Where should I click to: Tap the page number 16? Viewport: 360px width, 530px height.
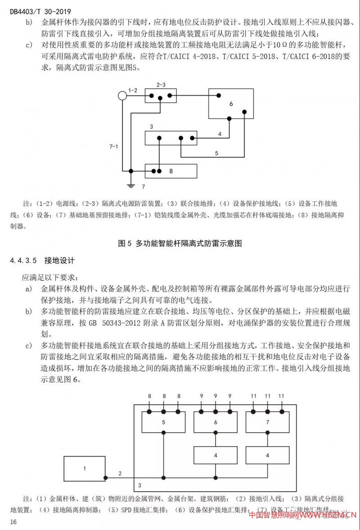(13, 521)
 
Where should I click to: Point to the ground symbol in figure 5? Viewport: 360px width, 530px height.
(130, 185)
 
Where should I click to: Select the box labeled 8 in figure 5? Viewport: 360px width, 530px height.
(171, 171)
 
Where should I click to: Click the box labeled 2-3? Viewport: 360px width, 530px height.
(161, 95)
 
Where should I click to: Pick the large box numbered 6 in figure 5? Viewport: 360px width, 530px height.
(231, 104)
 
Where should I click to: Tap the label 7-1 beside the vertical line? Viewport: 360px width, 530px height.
(113, 146)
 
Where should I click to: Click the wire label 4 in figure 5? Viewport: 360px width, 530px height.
(220, 134)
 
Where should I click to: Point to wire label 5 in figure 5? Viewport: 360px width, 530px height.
(216, 153)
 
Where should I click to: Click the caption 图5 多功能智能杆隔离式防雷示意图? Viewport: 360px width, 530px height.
(180, 243)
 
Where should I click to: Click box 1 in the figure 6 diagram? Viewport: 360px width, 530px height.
(84, 469)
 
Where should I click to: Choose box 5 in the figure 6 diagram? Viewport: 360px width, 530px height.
(164, 422)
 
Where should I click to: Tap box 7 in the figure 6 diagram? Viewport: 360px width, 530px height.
(267, 422)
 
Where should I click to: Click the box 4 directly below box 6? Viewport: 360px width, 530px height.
(216, 455)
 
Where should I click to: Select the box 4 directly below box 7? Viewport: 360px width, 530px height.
(267, 455)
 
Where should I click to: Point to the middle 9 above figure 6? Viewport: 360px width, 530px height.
(216, 396)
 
